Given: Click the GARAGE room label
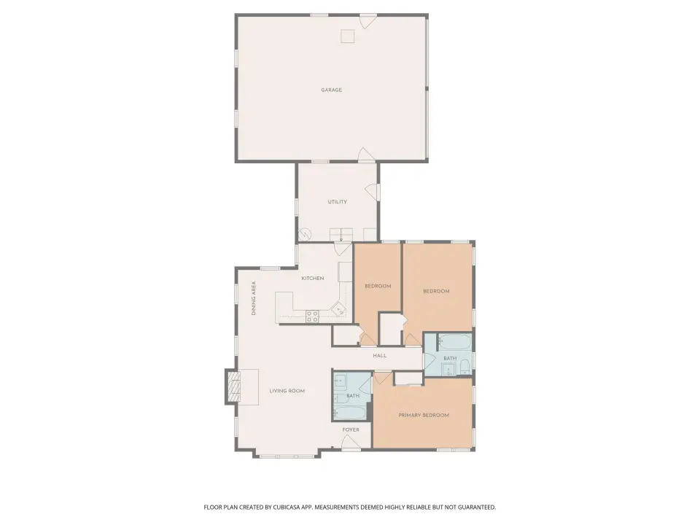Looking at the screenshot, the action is click(331, 90).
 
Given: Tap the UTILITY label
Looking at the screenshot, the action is click(337, 202).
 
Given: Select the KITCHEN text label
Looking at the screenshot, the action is click(313, 279).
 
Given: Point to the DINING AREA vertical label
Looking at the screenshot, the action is click(254, 298).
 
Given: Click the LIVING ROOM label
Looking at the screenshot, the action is click(287, 391).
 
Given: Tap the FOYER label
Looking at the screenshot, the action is click(351, 430).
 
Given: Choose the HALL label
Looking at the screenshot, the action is click(379, 356).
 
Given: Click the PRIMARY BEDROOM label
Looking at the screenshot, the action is click(424, 415).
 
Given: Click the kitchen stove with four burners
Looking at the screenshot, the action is click(312, 316).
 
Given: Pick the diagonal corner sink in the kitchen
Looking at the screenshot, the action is click(338, 308).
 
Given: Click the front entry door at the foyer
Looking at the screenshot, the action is click(351, 442).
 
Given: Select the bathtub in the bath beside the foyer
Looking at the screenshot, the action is click(350, 413).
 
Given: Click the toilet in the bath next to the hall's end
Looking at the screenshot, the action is click(464, 367).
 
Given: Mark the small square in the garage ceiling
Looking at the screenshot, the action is click(348, 36).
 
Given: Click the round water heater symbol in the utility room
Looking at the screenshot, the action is click(305, 234).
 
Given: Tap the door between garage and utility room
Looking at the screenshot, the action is click(366, 155).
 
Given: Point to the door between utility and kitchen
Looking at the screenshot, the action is click(343, 248).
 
